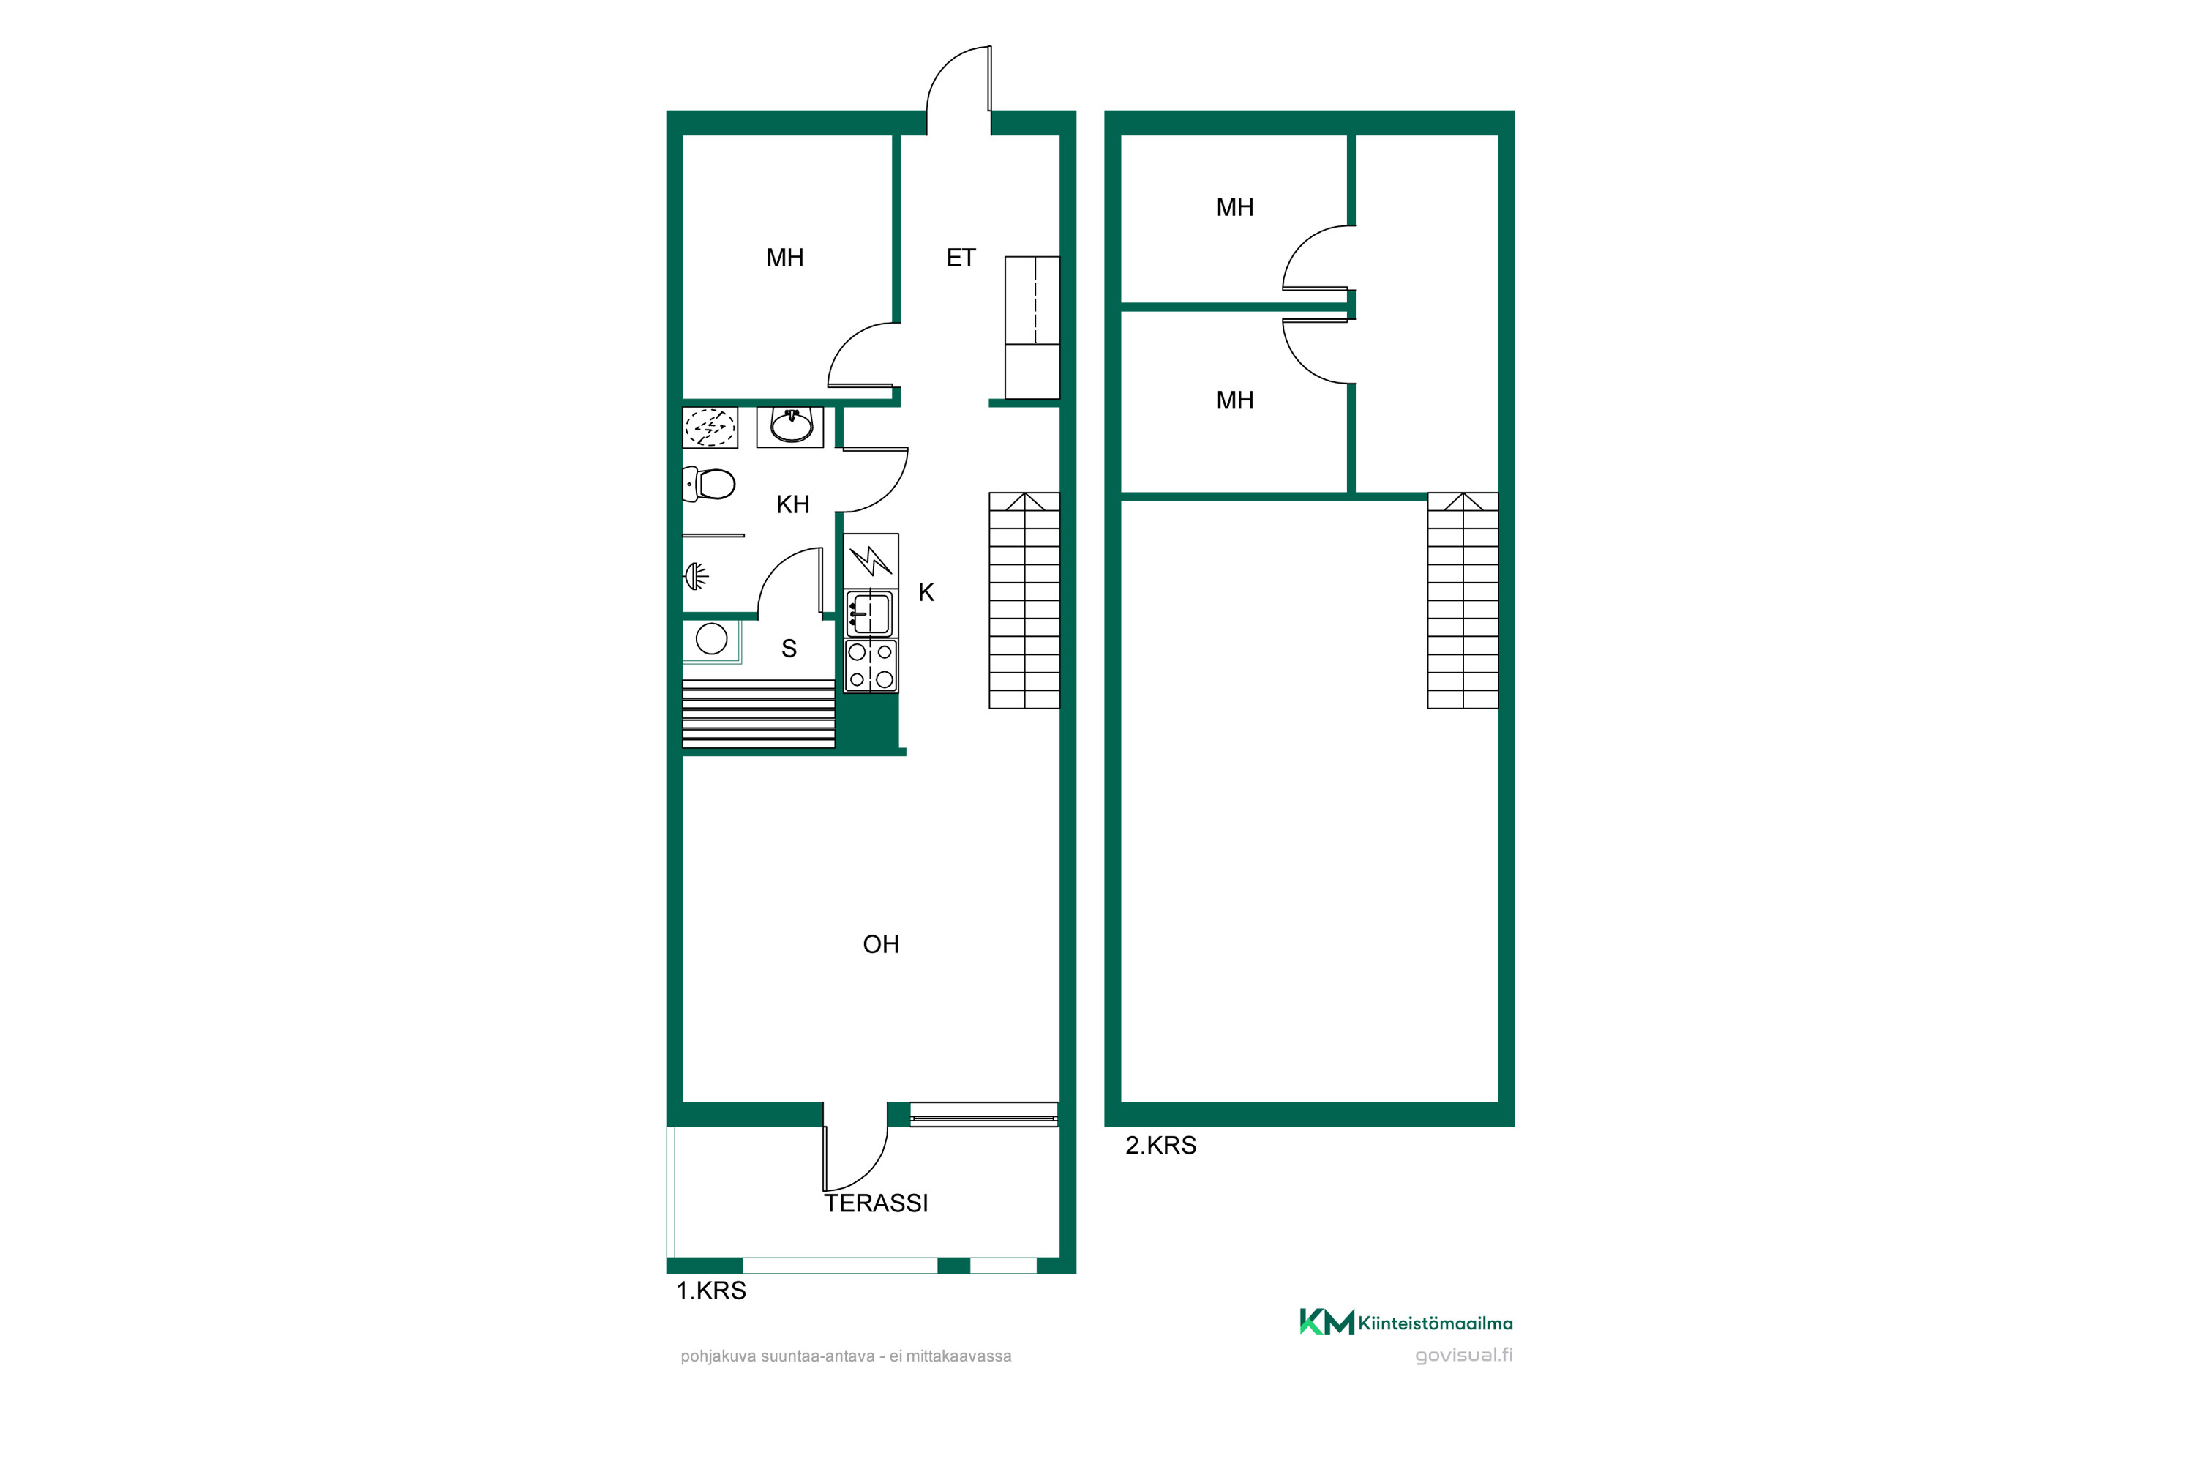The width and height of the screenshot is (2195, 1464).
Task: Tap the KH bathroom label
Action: click(792, 505)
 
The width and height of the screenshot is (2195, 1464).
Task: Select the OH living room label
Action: click(881, 945)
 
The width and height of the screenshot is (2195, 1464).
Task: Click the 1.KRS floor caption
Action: click(711, 1291)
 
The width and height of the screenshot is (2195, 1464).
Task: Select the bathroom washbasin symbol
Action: click(790, 427)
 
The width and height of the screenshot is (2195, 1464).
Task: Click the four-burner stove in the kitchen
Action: click(871, 665)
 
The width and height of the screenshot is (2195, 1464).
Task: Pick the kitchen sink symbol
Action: click(871, 614)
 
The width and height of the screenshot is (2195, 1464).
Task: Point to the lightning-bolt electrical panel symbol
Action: click(871, 561)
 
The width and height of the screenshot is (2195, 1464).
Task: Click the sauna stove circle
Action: click(711, 640)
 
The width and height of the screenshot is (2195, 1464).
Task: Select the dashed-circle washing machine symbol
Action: click(710, 427)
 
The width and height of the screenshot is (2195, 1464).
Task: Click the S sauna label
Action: click(789, 649)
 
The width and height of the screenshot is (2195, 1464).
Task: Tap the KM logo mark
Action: click(1326, 1322)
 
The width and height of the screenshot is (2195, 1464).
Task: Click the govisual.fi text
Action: click(1463, 1356)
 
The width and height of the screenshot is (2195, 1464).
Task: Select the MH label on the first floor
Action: click(785, 258)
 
